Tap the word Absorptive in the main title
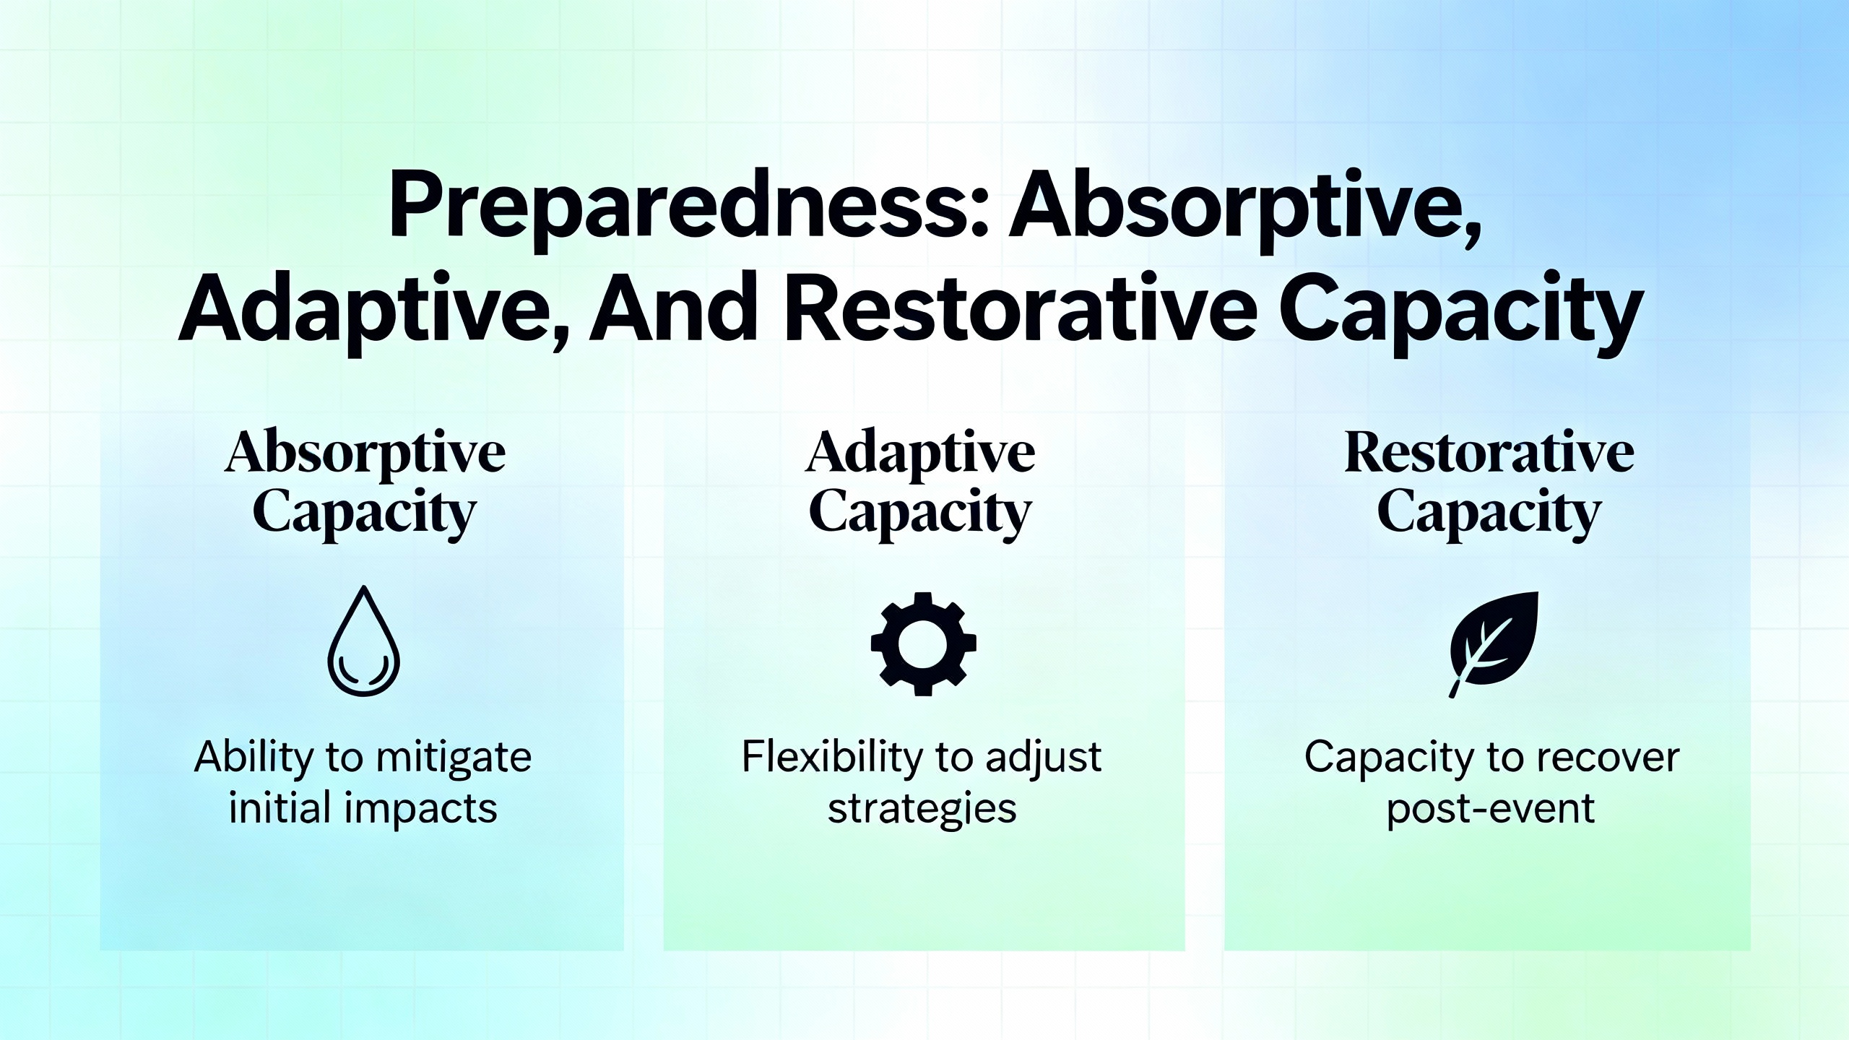tap(1244, 206)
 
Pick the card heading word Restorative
tap(1489, 453)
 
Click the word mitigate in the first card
tap(454, 758)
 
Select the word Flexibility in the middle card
tap(833, 758)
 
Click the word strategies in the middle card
tap(922, 810)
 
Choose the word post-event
tap(1490, 810)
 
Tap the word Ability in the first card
tap(254, 758)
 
